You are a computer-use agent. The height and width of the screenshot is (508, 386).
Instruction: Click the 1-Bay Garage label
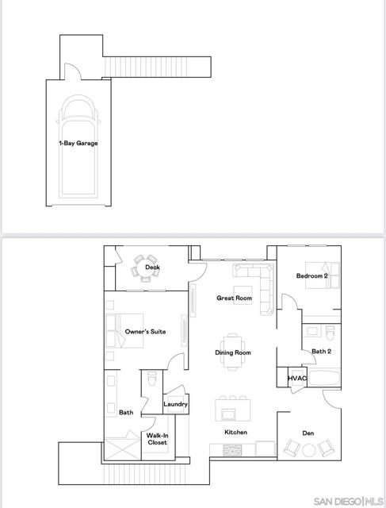[78, 144]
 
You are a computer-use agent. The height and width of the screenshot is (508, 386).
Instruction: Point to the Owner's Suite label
[145, 332]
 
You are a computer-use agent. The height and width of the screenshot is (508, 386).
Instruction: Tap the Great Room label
[234, 298]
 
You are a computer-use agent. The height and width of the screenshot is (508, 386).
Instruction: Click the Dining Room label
[233, 352]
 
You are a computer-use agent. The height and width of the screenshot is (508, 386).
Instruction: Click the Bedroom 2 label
[311, 275]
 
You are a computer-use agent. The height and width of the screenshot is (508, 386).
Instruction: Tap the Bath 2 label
[321, 351]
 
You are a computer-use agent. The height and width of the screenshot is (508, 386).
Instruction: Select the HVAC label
[297, 379]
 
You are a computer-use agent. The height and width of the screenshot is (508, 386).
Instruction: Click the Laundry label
[175, 404]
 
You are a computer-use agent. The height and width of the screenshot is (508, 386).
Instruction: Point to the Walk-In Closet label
[156, 440]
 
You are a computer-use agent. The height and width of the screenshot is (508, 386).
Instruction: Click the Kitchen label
[235, 433]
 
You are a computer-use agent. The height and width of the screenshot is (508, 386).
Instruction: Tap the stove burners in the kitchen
[232, 449]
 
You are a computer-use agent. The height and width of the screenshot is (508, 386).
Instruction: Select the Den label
[309, 433]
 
